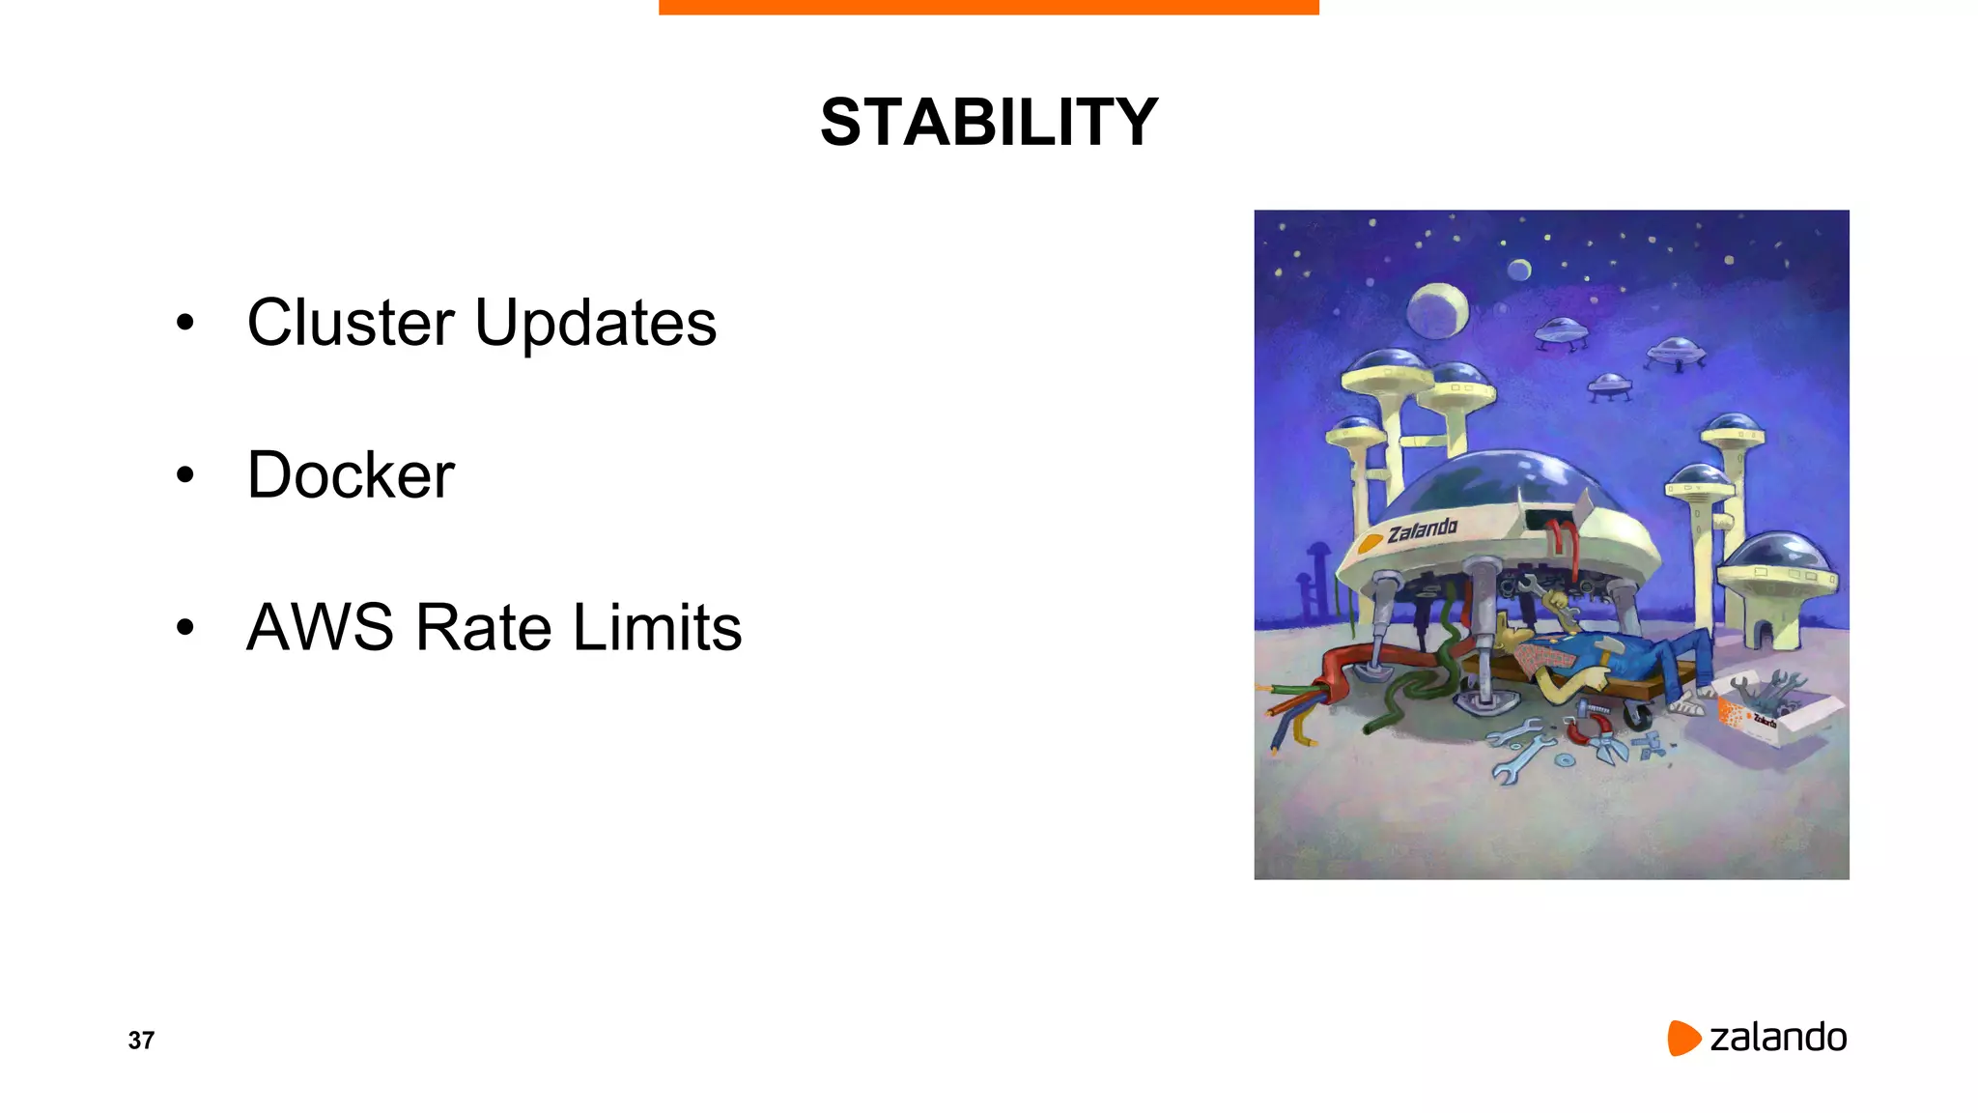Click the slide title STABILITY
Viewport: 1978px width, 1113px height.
click(988, 123)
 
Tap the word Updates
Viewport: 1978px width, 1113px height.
click(595, 324)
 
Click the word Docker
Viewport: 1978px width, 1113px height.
click(351, 474)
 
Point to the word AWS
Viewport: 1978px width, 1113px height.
click(320, 627)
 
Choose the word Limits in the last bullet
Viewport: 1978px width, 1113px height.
click(657, 627)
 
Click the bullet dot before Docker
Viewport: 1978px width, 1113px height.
click(185, 475)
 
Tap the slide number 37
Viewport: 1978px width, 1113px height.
click(141, 1041)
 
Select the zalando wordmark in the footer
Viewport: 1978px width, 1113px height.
click(1778, 1038)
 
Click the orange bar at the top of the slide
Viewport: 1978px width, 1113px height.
click(988, 7)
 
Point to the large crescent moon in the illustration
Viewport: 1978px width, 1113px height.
click(1437, 310)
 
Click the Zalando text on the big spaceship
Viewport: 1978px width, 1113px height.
click(1422, 530)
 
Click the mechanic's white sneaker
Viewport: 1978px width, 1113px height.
click(1686, 706)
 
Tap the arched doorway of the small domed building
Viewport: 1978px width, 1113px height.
click(1763, 634)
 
